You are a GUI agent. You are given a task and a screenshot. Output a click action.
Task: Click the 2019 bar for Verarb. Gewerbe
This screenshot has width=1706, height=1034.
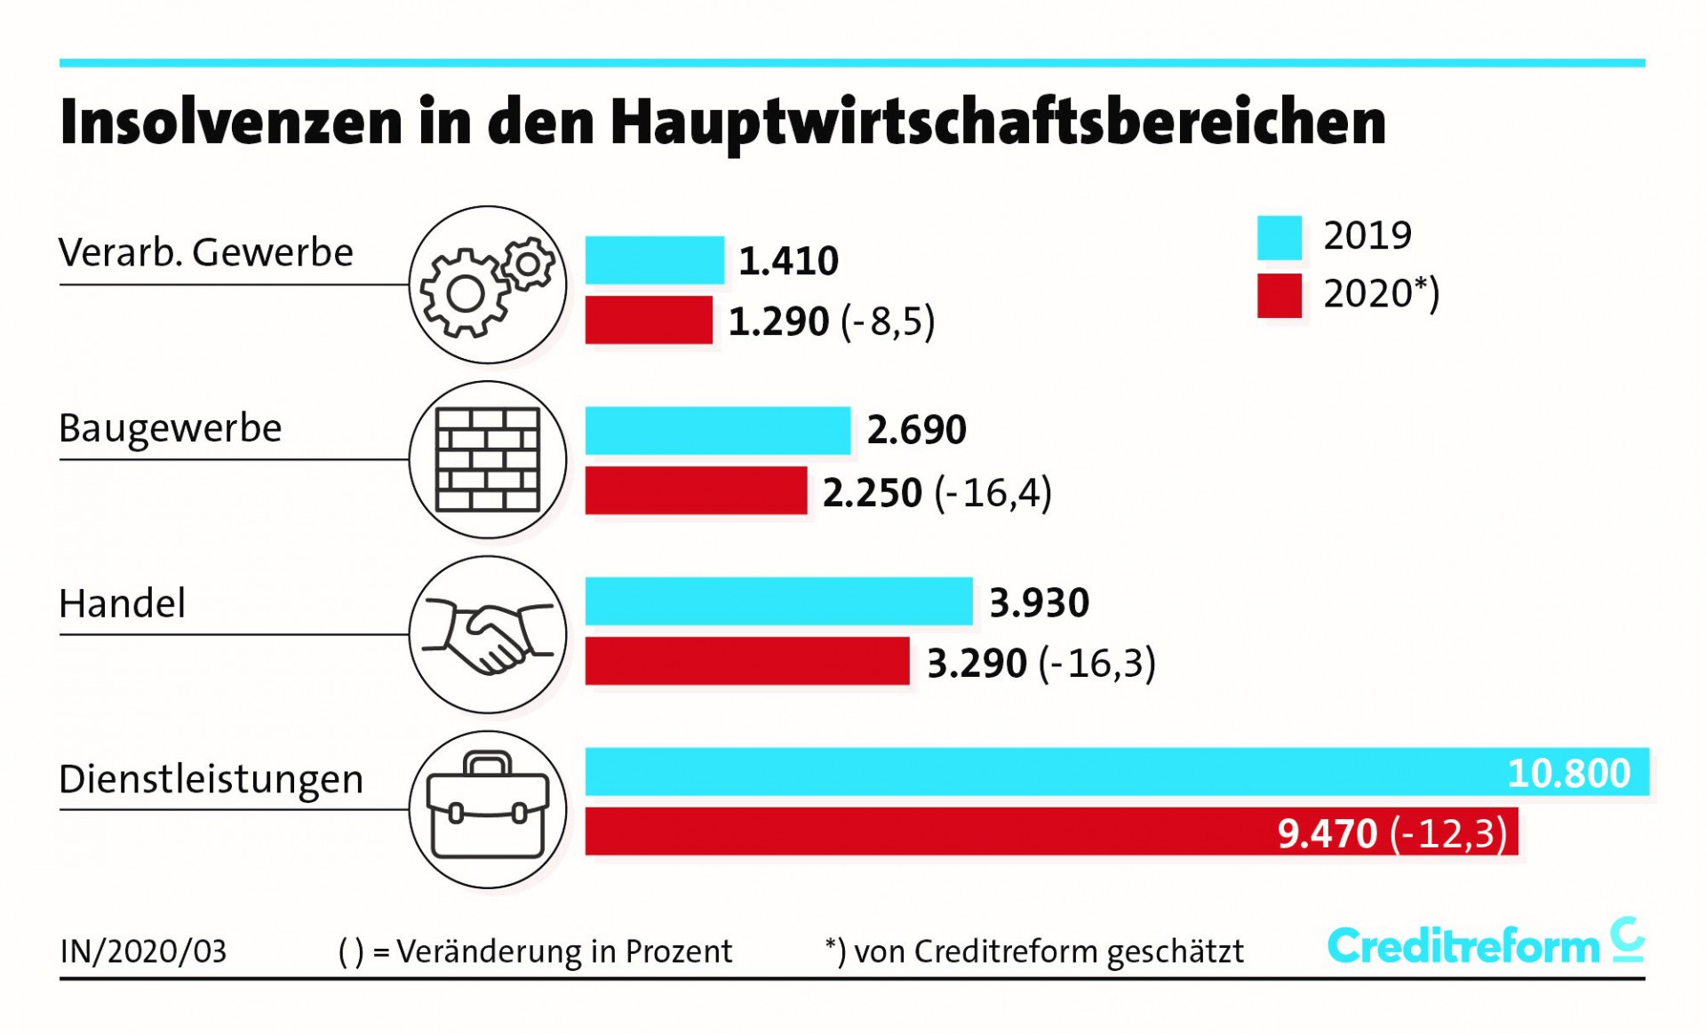tap(654, 260)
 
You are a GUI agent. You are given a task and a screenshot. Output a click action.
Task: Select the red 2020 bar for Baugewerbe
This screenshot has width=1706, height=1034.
tap(696, 490)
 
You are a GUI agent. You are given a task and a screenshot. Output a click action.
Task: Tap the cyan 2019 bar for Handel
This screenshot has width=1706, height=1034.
tap(778, 601)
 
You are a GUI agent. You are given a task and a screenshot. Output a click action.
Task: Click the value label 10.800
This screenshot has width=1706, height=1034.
tap(1568, 773)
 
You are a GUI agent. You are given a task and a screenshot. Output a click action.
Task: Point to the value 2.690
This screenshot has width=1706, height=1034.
tap(916, 430)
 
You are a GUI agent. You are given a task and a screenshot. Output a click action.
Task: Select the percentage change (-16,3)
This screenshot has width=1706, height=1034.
tap(1097, 664)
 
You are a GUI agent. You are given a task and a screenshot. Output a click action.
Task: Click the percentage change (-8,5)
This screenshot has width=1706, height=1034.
tap(888, 321)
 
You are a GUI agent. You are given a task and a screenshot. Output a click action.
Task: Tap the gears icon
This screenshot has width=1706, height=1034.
tap(488, 285)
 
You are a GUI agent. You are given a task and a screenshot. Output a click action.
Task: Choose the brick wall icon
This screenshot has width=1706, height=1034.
tap(488, 459)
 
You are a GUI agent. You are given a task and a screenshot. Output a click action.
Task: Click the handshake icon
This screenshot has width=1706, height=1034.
tap(488, 634)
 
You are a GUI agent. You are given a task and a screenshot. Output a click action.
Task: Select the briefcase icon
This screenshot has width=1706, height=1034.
tap(488, 808)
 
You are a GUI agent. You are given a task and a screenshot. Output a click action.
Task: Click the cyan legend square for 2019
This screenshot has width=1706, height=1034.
tap(1279, 237)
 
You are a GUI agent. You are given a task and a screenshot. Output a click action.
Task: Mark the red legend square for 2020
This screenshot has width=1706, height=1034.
tap(1279, 295)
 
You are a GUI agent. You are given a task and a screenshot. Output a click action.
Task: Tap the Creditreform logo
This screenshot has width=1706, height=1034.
tap(1485, 943)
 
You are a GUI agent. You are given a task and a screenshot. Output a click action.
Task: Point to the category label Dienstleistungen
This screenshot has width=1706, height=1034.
tap(211, 779)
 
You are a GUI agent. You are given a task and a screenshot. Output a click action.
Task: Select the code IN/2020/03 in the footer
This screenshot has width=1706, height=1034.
tap(143, 951)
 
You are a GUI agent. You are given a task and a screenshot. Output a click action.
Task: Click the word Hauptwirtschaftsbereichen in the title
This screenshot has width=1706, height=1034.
tap(998, 122)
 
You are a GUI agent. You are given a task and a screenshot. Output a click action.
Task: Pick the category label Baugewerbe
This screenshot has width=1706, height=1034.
tap(170, 428)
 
